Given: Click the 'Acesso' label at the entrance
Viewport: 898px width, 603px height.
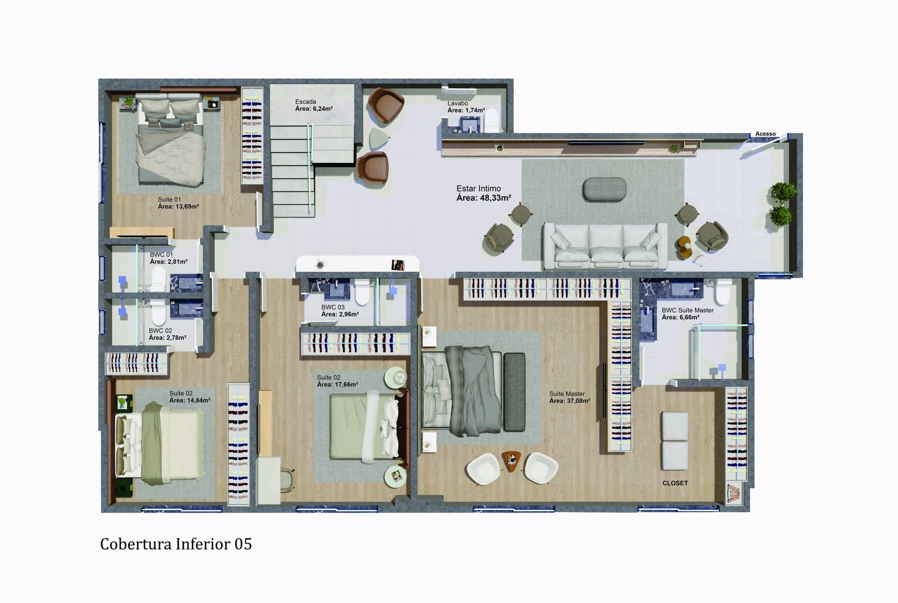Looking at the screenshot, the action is click(765, 134).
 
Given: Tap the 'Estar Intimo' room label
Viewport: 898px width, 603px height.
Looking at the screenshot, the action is click(478, 189).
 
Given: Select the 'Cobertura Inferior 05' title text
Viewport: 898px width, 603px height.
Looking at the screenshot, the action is click(176, 544).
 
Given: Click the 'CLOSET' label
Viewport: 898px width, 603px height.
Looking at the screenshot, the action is click(675, 483).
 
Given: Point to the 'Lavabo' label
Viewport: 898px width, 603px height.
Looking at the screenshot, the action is click(457, 103).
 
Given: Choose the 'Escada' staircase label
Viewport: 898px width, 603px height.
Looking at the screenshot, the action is click(305, 102).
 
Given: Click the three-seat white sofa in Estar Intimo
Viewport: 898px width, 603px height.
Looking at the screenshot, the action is click(605, 246).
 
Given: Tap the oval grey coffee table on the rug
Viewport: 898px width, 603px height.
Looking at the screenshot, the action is click(604, 189).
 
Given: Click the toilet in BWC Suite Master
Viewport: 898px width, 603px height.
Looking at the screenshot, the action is click(724, 292).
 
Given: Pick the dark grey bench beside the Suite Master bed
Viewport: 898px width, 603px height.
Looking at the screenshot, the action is click(514, 392).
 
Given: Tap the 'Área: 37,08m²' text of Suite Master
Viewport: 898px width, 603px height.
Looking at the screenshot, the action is click(570, 401).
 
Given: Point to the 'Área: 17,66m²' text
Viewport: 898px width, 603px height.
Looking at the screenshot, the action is click(338, 385).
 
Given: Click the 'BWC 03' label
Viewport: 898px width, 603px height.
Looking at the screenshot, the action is click(333, 307).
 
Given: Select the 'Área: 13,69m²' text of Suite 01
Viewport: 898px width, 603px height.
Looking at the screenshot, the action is click(178, 206).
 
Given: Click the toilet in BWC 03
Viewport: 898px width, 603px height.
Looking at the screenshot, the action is click(362, 292).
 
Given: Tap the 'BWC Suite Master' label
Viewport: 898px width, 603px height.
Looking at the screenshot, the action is click(688, 310).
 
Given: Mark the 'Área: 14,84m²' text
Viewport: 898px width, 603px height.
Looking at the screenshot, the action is click(190, 400).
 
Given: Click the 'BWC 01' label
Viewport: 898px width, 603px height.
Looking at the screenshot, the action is click(161, 255).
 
